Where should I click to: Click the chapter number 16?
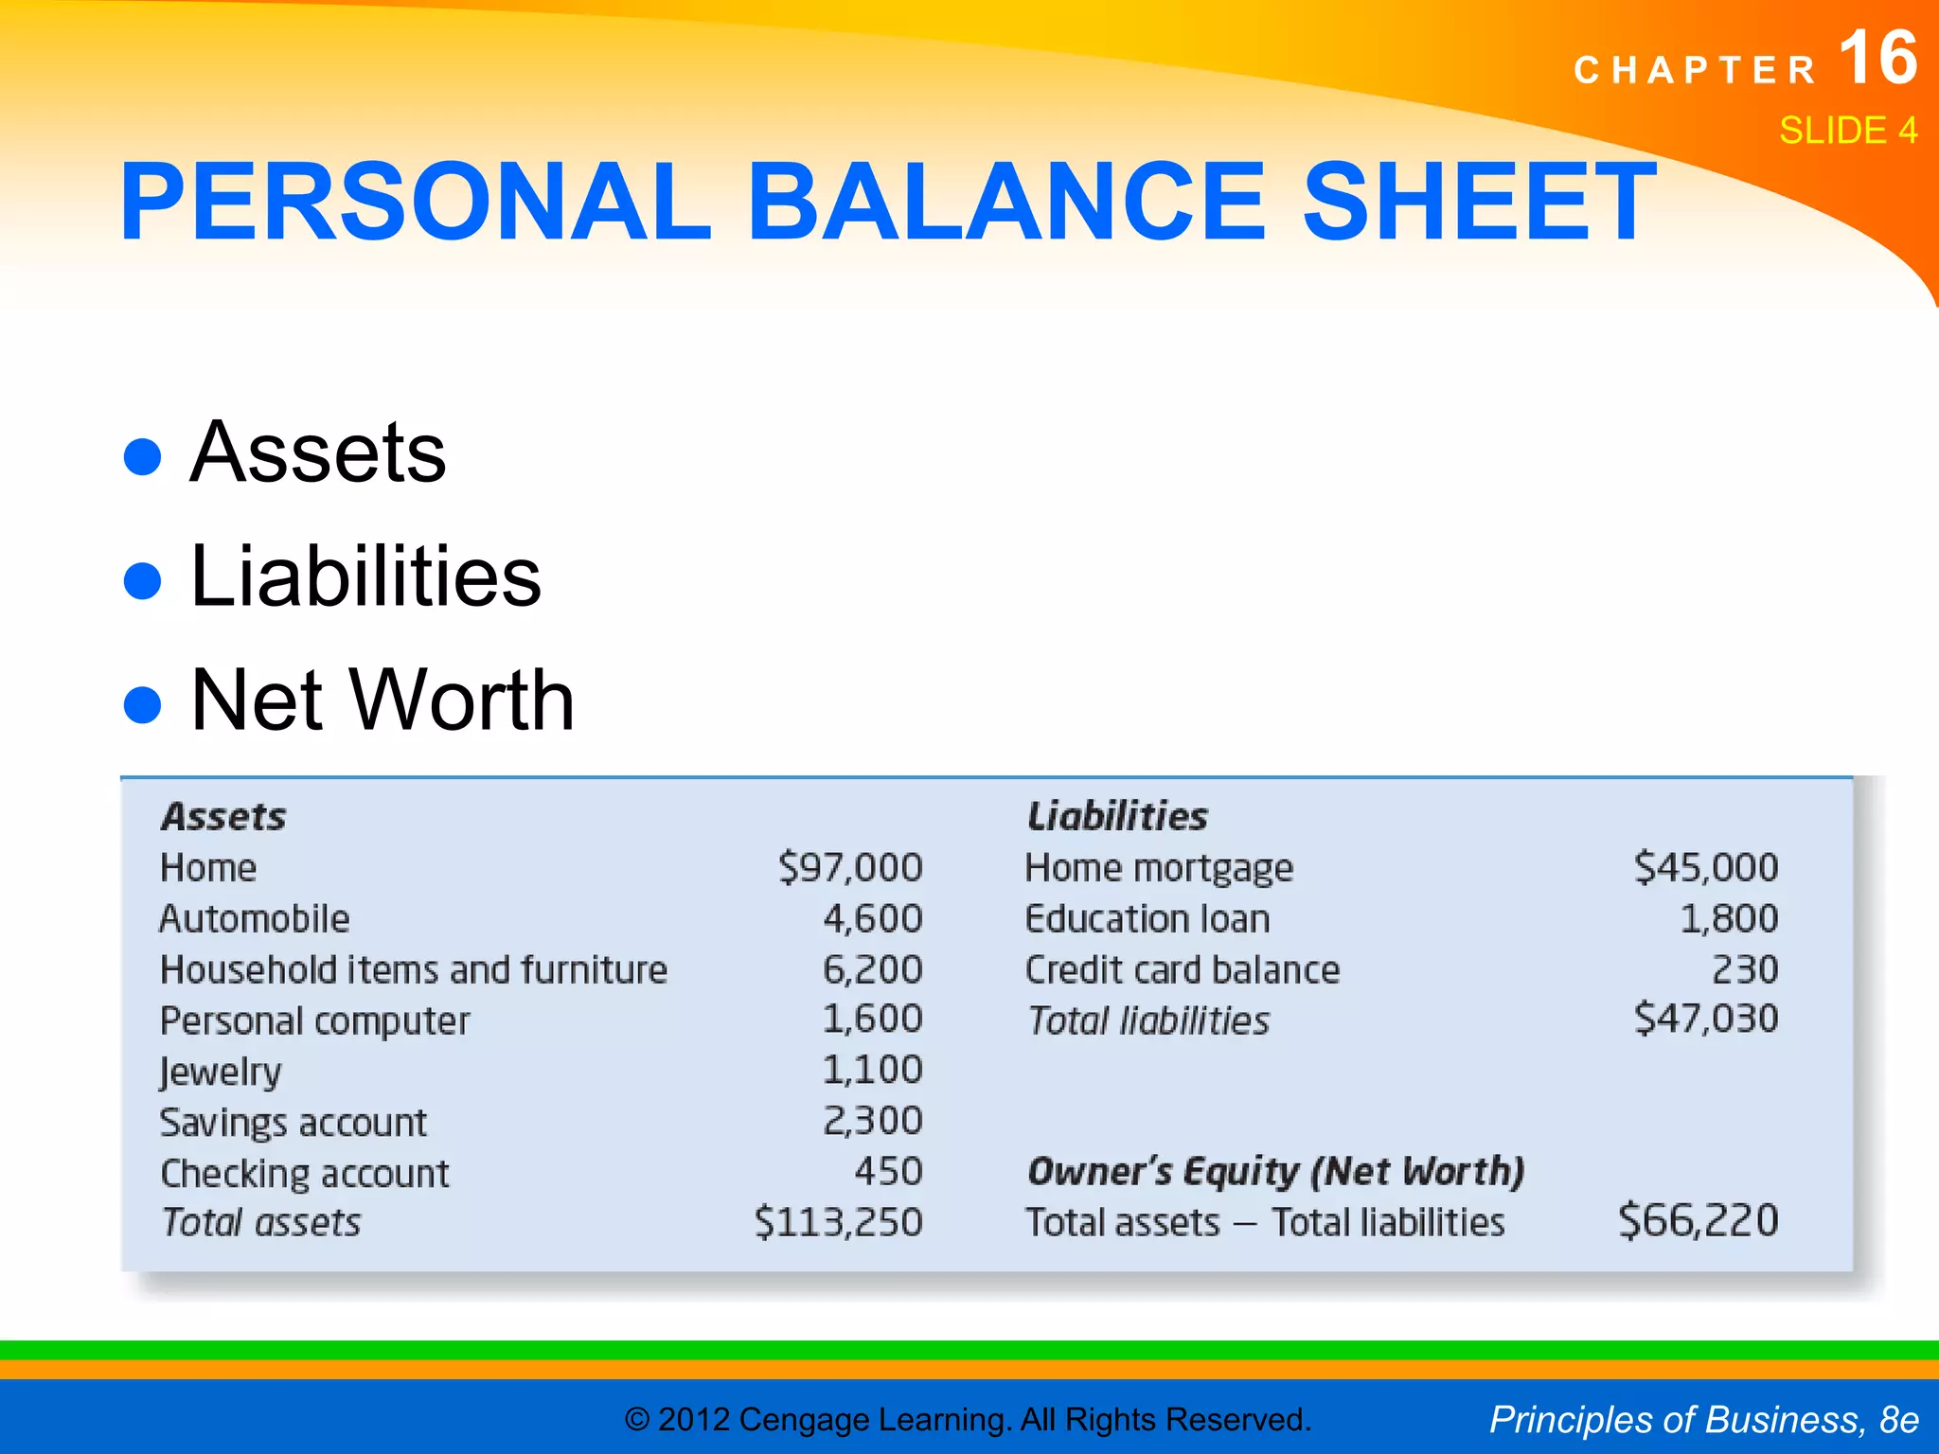pyautogui.click(x=1877, y=59)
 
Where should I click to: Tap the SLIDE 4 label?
pyautogui.click(x=1847, y=131)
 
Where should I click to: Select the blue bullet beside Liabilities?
pyautogui.click(x=143, y=580)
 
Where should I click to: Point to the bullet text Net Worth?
pyautogui.click(x=382, y=700)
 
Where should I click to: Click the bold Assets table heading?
pyautogui.click(x=223, y=817)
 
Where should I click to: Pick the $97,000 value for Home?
pyautogui.click(x=850, y=868)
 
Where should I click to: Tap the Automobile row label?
pyautogui.click(x=255, y=919)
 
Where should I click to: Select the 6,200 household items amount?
pyautogui.click(x=872, y=969)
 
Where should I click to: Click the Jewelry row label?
pyautogui.click(x=221, y=1072)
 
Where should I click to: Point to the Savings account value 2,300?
pyautogui.click(x=872, y=1121)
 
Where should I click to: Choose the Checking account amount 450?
pyautogui.click(x=888, y=1172)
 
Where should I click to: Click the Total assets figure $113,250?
pyautogui.click(x=838, y=1222)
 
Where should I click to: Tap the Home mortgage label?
pyautogui.click(x=1159, y=868)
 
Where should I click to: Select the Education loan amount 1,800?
pyautogui.click(x=1729, y=919)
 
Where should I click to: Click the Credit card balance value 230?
pyautogui.click(x=1745, y=969)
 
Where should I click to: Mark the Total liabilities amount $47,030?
pyautogui.click(x=1706, y=1020)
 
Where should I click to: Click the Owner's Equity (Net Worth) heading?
pyautogui.click(x=1275, y=1172)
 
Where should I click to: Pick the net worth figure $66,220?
pyautogui.click(x=1699, y=1221)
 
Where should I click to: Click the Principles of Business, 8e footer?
pyautogui.click(x=1703, y=1420)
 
